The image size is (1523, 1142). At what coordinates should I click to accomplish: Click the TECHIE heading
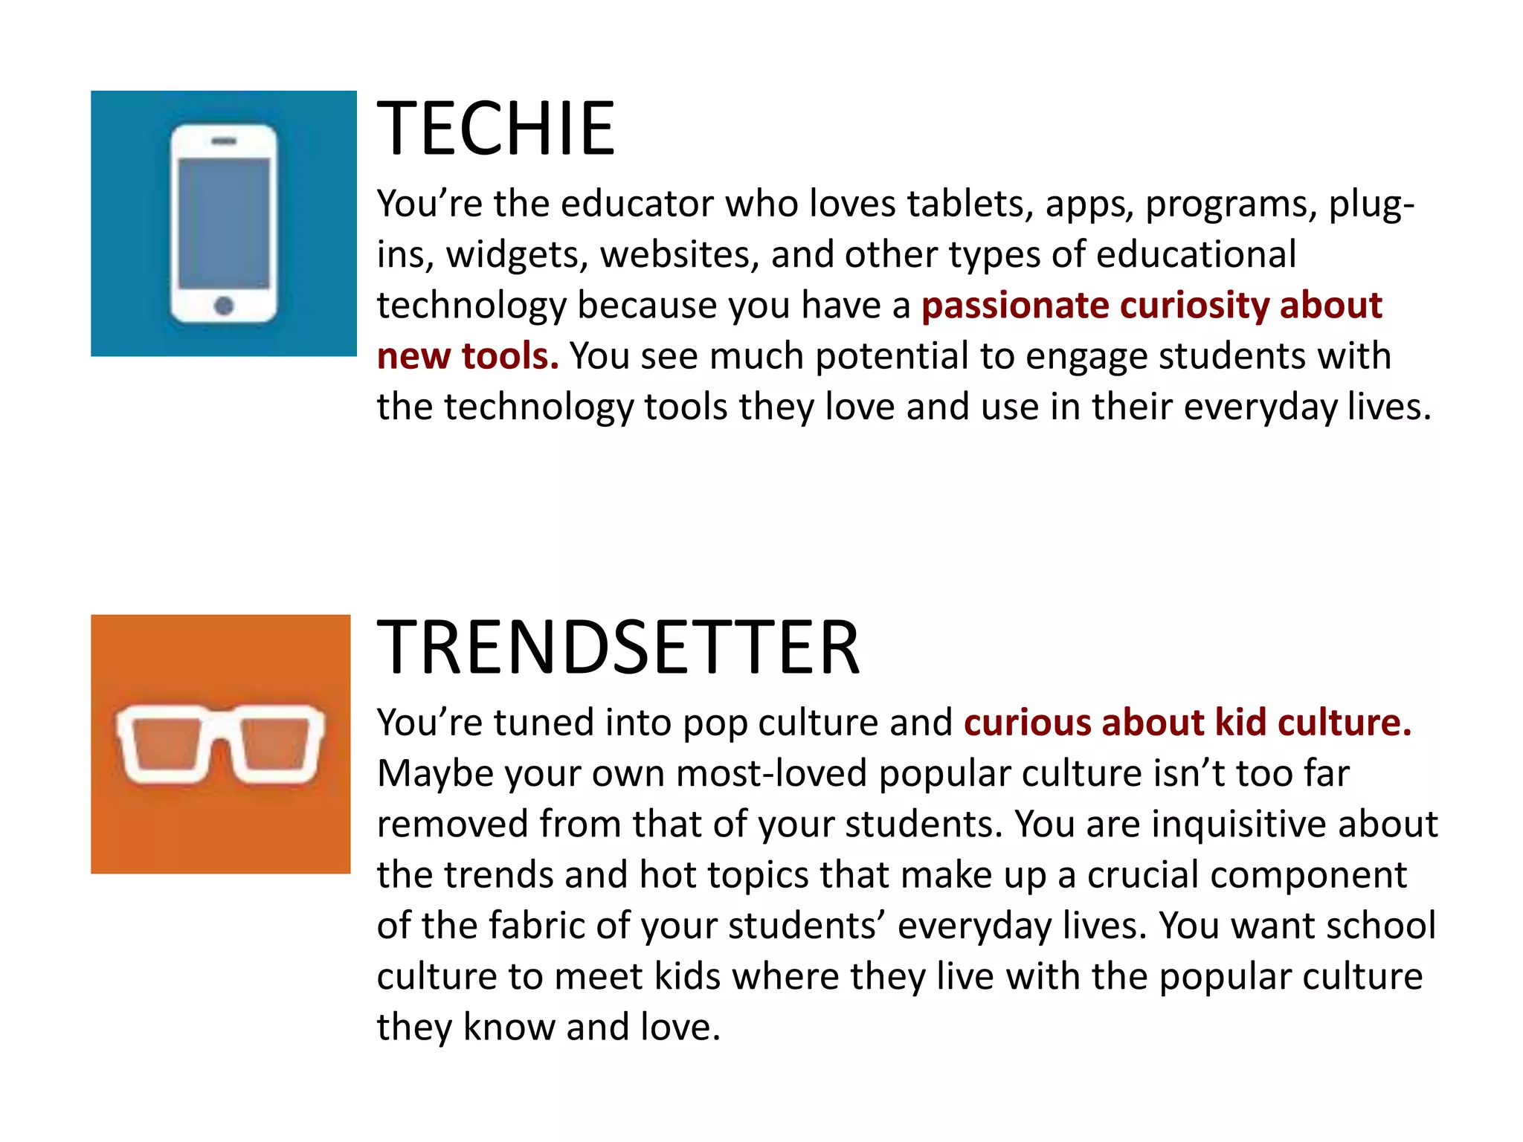(496, 129)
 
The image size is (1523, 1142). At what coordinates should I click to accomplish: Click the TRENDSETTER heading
(618, 648)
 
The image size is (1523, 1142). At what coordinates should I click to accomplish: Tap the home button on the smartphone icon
(224, 305)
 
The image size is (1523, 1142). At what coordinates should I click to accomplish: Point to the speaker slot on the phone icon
(224, 141)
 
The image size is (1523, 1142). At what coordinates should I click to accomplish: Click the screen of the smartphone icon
(224, 222)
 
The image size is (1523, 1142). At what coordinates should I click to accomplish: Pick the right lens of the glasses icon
(276, 743)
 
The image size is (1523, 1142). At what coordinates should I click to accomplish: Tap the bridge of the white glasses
(221, 725)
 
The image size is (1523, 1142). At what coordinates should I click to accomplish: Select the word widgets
(514, 256)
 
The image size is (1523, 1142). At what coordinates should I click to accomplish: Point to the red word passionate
(1015, 306)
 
